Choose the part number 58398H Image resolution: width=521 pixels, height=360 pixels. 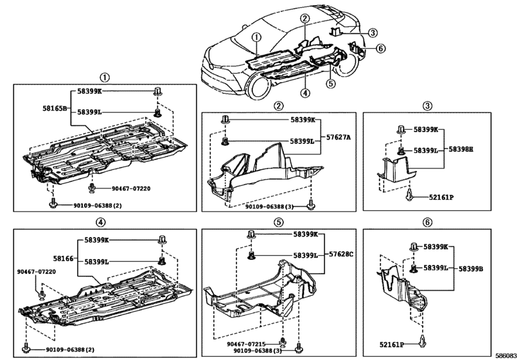click(x=461, y=148)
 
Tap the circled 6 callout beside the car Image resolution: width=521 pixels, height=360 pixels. click(x=380, y=48)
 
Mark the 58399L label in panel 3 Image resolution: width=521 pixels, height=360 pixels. click(x=425, y=150)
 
